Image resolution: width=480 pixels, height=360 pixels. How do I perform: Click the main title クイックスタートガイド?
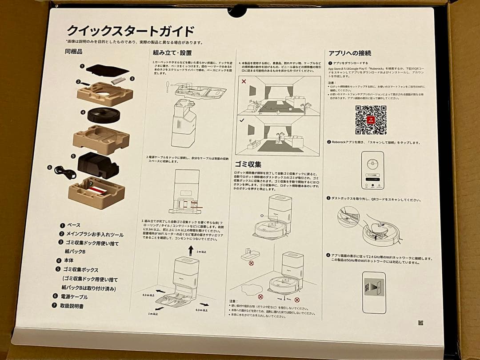pos(130,32)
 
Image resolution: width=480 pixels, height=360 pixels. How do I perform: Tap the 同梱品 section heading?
pos(74,52)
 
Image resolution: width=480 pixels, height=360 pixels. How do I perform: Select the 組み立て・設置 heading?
pos(172,53)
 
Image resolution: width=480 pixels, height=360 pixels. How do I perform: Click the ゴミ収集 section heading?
pos(248,164)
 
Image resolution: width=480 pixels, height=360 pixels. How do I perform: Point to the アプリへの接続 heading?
pos(350,53)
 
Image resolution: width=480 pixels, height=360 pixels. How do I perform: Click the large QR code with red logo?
pos(371,120)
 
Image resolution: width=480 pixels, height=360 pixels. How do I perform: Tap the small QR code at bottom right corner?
pos(420,323)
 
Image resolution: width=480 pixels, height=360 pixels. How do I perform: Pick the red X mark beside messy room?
pos(243,82)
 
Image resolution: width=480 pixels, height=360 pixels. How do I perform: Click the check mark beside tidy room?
pos(242,120)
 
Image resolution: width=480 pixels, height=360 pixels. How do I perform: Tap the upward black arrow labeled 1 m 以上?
pos(191,250)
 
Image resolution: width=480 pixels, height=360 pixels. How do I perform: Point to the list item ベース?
pos(74,225)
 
